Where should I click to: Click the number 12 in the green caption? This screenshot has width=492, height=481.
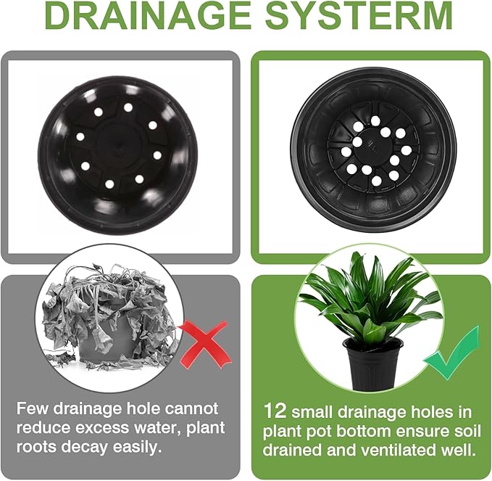(275, 411)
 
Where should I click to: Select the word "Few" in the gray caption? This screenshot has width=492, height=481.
(33, 408)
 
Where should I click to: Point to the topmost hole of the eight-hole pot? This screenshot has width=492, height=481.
(128, 108)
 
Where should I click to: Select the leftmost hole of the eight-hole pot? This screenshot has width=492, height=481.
(80, 137)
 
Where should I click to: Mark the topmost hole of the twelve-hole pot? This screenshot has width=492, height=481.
(375, 120)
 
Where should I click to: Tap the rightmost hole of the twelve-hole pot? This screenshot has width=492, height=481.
(406, 150)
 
